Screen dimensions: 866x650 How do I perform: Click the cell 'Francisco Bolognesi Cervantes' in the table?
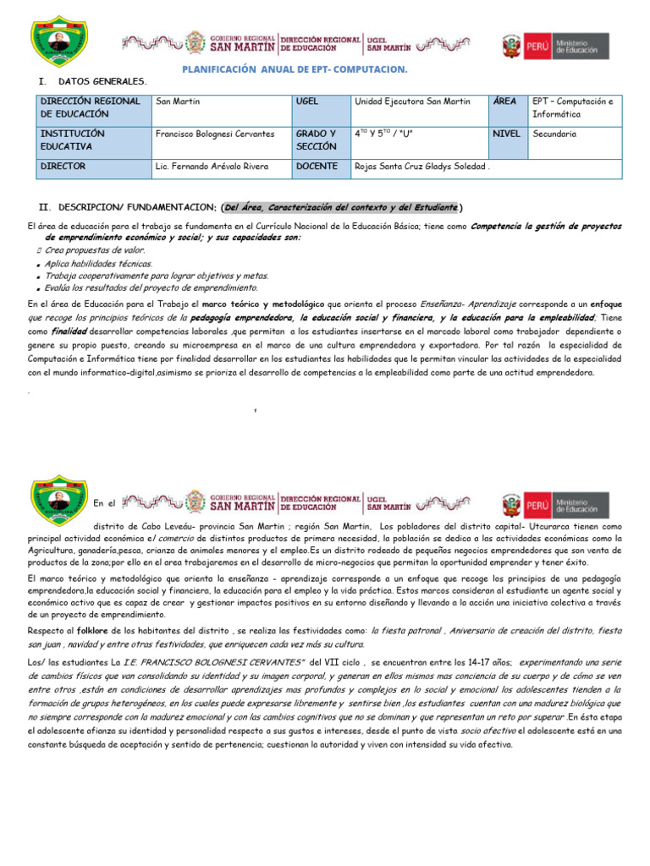coord(216,134)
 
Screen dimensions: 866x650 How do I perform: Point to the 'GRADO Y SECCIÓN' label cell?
coord(317,140)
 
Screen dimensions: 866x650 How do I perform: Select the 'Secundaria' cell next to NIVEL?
coord(555,134)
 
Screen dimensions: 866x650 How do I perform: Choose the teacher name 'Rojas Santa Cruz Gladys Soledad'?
coord(421,167)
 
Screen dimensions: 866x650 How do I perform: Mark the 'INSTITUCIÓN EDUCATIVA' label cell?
coord(72,140)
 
